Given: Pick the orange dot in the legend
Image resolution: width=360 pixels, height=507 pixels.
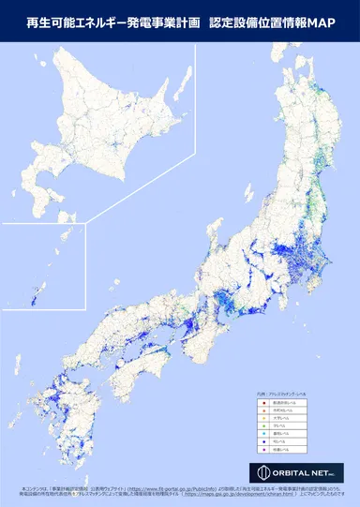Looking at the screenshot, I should [x=264, y=410].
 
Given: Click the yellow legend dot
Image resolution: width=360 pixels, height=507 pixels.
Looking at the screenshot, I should [x=264, y=418].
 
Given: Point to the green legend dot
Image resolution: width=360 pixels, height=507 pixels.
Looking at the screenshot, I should [x=264, y=426].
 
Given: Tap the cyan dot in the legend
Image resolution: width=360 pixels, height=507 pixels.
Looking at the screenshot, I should [x=264, y=435].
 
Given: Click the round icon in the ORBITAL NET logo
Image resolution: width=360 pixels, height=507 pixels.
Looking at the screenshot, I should [x=262, y=472].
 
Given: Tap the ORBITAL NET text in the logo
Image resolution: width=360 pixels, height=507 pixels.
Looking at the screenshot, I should [x=302, y=472].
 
